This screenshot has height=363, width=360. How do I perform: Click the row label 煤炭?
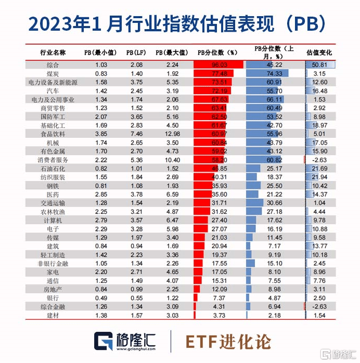click(53, 73)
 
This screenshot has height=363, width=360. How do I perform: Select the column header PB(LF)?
click(136, 53)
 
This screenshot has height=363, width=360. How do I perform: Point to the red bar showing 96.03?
click(218, 65)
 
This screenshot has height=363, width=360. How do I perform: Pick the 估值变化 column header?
click(319, 53)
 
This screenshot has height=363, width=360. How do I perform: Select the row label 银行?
click(53, 298)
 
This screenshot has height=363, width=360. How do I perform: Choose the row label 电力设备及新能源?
click(53, 82)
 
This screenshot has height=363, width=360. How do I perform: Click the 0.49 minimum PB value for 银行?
click(101, 298)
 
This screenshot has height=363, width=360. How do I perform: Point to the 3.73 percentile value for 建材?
click(218, 316)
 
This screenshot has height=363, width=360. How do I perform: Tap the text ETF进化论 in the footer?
click(228, 341)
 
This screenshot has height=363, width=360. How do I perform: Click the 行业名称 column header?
click(53, 53)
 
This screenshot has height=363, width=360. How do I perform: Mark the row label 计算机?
click(53, 220)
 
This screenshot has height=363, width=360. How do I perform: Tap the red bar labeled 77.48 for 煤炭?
click(214, 73)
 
